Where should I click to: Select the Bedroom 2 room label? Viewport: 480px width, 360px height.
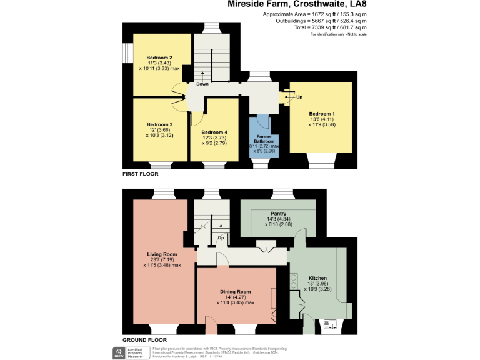pyautogui.click(x=159, y=57)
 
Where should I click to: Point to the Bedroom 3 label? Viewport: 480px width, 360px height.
pyautogui.click(x=159, y=124)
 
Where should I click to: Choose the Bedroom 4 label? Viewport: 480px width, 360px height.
pyautogui.click(x=214, y=132)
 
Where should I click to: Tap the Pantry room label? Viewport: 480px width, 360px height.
pyautogui.click(x=279, y=214)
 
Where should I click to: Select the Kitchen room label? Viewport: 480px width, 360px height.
pyautogui.click(x=317, y=278)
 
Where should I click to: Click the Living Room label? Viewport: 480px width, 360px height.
pyautogui.click(x=162, y=254)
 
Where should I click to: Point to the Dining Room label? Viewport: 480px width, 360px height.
pyautogui.click(x=235, y=291)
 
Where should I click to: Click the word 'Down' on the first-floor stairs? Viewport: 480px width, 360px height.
pyautogui.click(x=202, y=84)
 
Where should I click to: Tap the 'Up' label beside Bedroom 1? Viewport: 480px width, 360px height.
pyautogui.click(x=299, y=97)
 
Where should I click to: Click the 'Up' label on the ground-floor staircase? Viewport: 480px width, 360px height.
pyautogui.click(x=220, y=238)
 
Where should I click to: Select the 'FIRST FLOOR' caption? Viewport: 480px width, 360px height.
pyautogui.click(x=141, y=173)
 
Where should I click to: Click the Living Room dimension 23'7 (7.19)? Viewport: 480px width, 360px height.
pyautogui.click(x=162, y=260)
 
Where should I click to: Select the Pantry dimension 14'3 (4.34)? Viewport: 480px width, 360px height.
pyautogui.click(x=279, y=219)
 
